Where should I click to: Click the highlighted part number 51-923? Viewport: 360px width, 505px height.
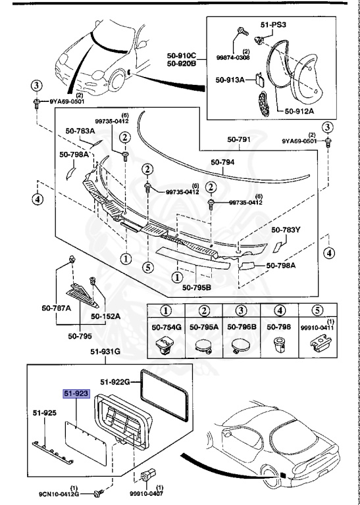76,394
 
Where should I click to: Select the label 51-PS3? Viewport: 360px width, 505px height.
274,25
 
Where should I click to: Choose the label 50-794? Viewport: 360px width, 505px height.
223,162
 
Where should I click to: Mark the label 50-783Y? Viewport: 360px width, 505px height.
286,230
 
